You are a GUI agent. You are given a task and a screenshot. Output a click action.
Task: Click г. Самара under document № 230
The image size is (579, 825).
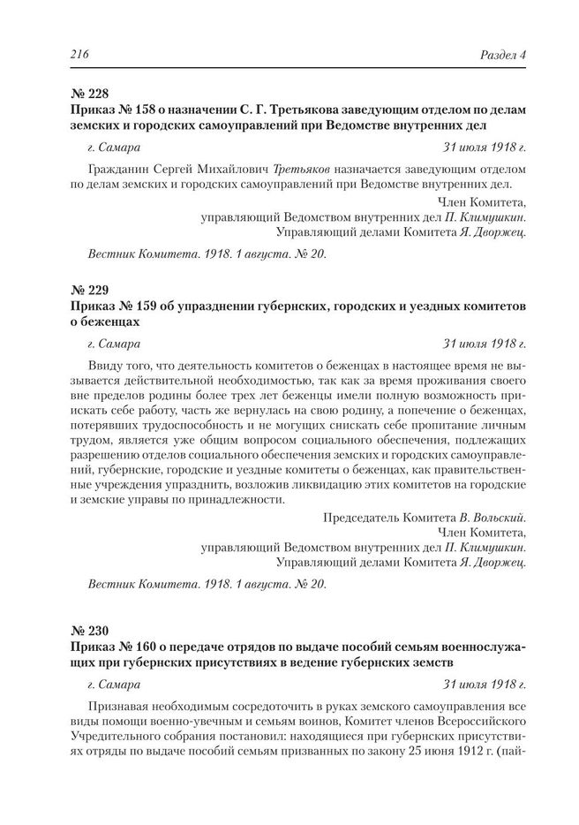coord(115,684)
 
